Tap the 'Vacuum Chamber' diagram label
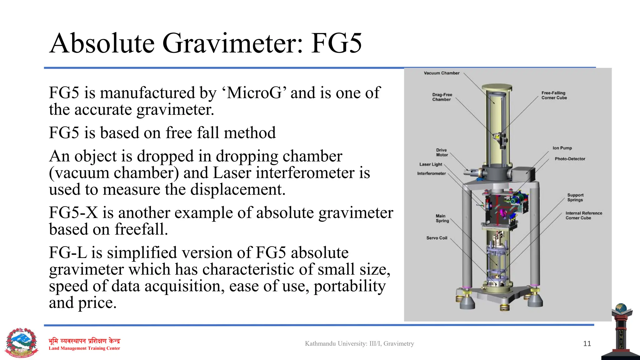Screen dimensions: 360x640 (441, 73)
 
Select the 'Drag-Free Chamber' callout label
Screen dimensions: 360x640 (442, 97)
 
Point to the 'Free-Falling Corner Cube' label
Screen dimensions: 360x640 (554, 95)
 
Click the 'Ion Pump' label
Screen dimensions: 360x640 (562, 148)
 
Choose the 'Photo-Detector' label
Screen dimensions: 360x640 (570, 159)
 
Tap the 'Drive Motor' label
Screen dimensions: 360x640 (442, 152)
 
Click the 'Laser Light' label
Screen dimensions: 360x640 (431, 164)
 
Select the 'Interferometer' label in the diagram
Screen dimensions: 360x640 (431, 173)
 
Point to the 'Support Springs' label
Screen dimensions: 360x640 (575, 197)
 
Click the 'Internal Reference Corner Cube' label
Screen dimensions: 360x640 (583, 216)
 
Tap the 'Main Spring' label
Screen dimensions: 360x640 (442, 218)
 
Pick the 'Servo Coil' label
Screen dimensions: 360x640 (437, 238)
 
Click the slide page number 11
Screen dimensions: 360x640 (587, 344)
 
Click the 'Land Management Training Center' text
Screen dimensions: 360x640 (84, 348)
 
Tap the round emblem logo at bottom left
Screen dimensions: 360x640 (22, 343)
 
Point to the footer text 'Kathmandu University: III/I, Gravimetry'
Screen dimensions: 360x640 (359, 344)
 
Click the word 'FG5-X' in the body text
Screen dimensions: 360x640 (73, 213)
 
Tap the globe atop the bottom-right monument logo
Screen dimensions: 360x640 (621, 308)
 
